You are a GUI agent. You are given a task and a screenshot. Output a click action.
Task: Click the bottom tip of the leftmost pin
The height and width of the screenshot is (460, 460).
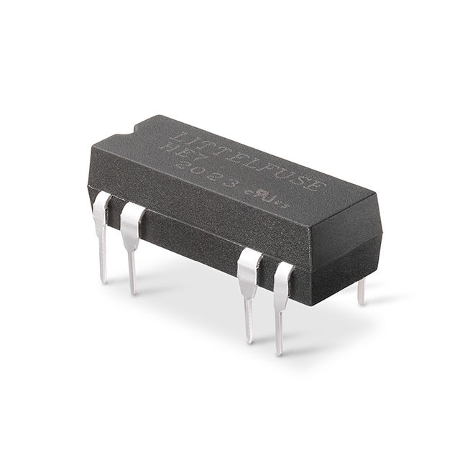tap(104, 280)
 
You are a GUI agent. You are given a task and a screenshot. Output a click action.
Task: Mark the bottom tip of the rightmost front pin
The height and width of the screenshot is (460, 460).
tap(279, 351)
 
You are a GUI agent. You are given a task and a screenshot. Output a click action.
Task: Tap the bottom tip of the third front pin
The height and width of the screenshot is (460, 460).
tap(249, 339)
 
